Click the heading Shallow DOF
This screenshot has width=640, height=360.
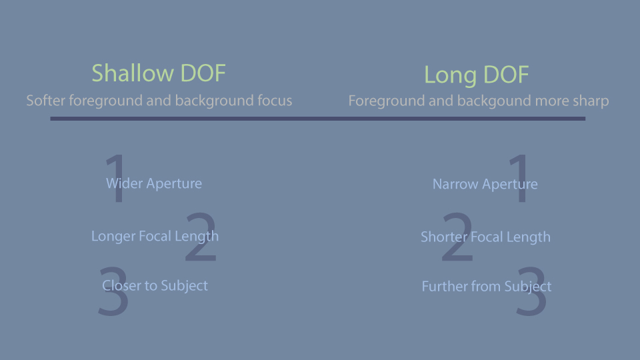click(x=159, y=73)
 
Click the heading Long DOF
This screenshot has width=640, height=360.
click(x=476, y=75)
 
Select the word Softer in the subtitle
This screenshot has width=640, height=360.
click(x=45, y=100)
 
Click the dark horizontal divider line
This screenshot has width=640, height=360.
click(x=317, y=119)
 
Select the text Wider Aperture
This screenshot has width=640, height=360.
click(x=154, y=184)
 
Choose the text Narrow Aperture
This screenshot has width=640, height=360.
click(x=485, y=184)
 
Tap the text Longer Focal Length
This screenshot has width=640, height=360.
click(x=155, y=236)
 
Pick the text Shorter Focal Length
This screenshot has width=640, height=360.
click(x=485, y=237)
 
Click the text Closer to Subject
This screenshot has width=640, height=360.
click(x=155, y=286)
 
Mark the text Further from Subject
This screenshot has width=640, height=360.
click(x=487, y=287)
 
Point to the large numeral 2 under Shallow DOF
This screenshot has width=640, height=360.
click(x=201, y=237)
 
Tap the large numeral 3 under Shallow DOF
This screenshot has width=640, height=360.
click(x=113, y=291)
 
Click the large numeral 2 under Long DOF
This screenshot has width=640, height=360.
click(x=457, y=237)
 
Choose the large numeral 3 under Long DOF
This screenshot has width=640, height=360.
click(x=531, y=291)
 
